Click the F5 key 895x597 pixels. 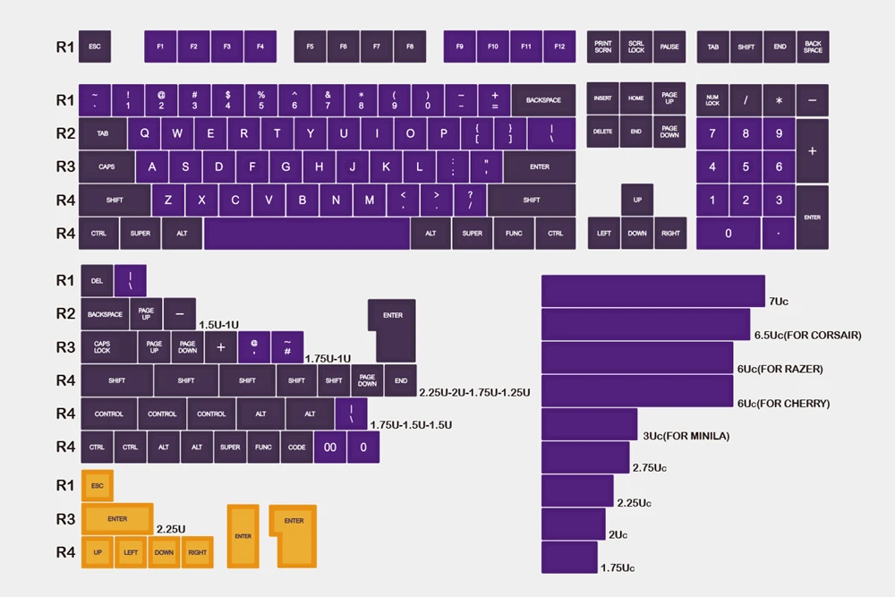click(310, 47)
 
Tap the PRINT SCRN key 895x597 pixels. click(603, 47)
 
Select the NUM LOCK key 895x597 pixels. click(712, 100)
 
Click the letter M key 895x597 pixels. click(369, 200)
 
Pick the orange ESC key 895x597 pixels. click(98, 486)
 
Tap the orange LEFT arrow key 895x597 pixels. click(131, 552)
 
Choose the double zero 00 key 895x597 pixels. click(330, 447)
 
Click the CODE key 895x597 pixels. click(297, 447)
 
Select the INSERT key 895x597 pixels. click(603, 98)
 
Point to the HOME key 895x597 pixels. click(636, 98)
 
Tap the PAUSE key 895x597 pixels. click(669, 47)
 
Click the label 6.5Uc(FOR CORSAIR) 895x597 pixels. click(807, 336)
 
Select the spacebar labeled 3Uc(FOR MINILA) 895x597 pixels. click(589, 425)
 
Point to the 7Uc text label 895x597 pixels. click(778, 302)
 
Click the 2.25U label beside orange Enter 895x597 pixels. click(171, 529)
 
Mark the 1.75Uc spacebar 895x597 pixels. click(569, 557)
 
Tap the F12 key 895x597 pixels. click(559, 47)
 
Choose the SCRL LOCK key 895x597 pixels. click(636, 47)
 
